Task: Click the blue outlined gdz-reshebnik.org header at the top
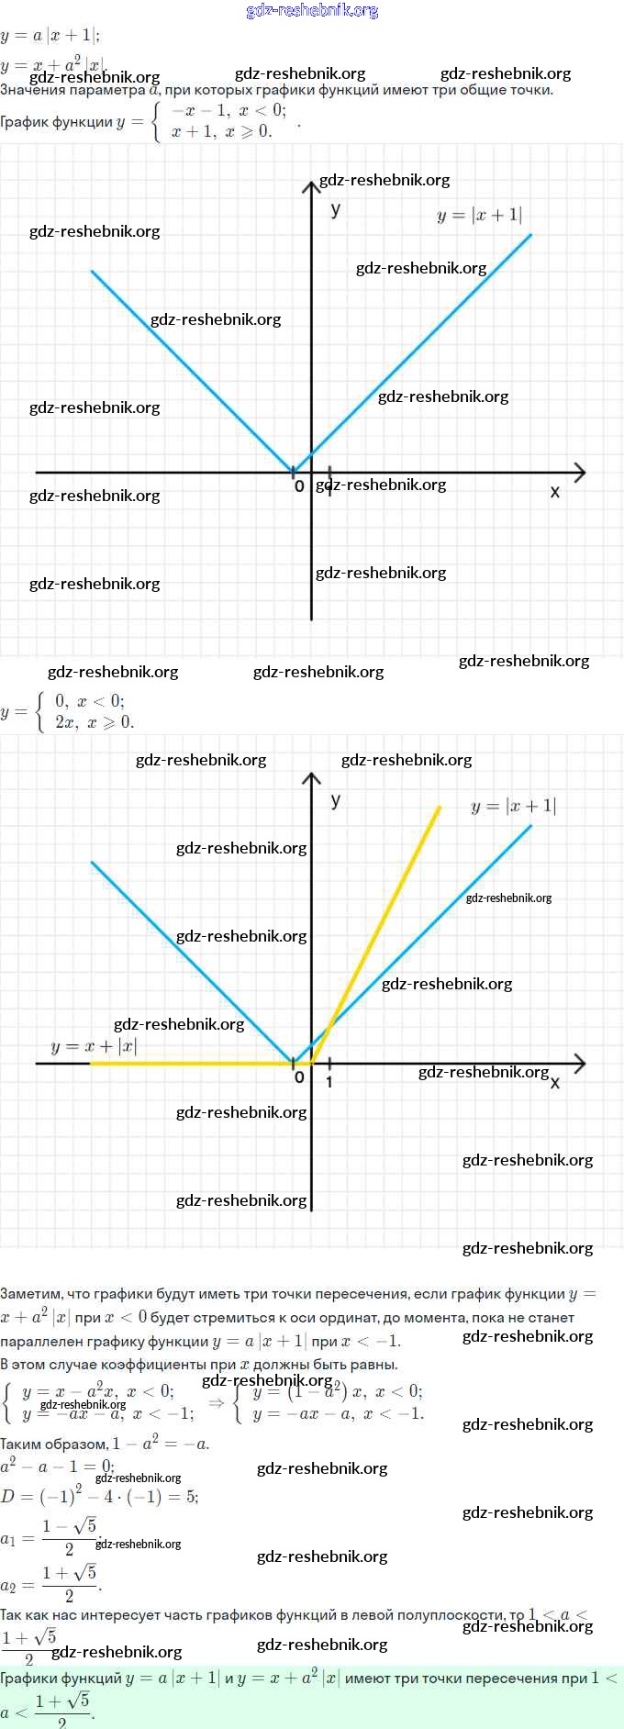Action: pyautogui.click(x=312, y=11)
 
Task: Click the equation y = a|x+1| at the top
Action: pyautogui.click(x=51, y=36)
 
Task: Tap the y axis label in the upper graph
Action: pyautogui.click(x=336, y=209)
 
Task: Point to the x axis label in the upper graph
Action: pyautogui.click(x=554, y=492)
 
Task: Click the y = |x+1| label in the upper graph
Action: pyautogui.click(x=479, y=216)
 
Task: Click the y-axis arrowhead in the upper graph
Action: pyautogui.click(x=311, y=187)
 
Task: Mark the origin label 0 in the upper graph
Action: pyautogui.click(x=299, y=486)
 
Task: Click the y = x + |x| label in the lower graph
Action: pyautogui.click(x=94, y=1046)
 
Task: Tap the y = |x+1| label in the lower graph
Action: pyautogui.click(x=513, y=807)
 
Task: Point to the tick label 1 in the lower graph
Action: pyautogui.click(x=329, y=1082)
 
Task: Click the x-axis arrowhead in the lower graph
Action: pyautogui.click(x=579, y=1064)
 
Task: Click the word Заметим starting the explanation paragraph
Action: pyautogui.click(x=30, y=1294)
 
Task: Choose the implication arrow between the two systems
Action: pyautogui.click(x=217, y=1402)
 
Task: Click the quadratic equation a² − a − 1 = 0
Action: pyautogui.click(x=57, y=1466)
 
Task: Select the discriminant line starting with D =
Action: pyautogui.click(x=99, y=1496)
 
